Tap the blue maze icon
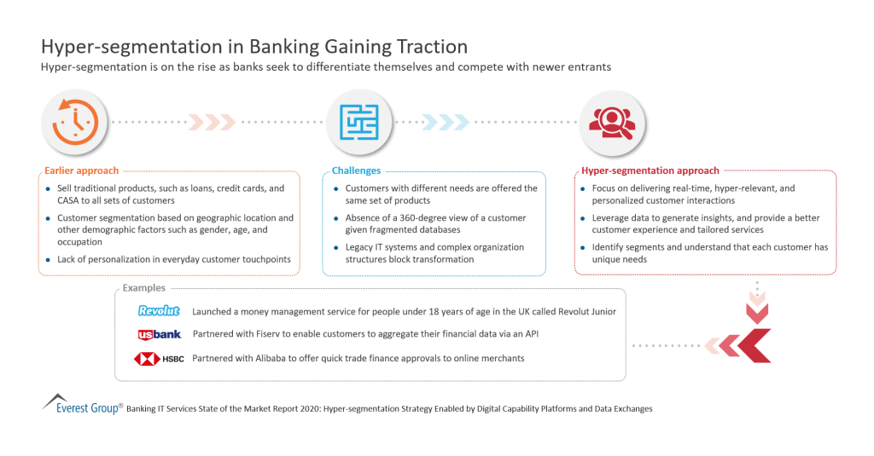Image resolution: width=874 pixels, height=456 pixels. pos(353,122)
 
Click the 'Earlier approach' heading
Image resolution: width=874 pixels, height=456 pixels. pos(80,170)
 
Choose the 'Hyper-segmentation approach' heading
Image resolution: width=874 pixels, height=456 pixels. pos(649,170)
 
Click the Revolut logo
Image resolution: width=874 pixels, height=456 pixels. pos(159,311)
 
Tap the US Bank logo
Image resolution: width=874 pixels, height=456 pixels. pos(159,334)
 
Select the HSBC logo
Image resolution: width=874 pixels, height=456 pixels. pos(160,358)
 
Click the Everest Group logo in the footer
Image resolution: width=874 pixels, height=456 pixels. pos(82,404)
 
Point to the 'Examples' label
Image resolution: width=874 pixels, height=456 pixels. pos(144,288)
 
